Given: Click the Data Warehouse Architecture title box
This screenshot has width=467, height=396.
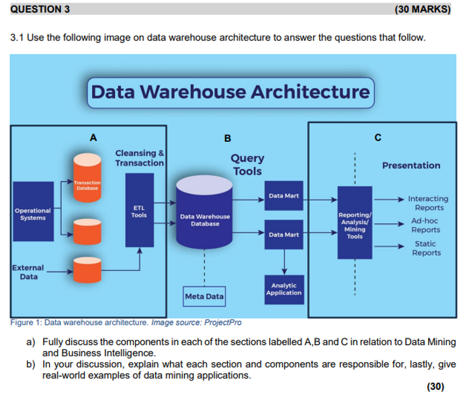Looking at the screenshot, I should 230,91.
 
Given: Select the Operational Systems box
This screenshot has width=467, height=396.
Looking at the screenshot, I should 30,215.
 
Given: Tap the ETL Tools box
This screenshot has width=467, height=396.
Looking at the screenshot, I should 139,211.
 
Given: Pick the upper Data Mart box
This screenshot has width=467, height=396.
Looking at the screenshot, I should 283,196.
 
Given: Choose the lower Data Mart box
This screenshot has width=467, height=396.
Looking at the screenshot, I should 283,235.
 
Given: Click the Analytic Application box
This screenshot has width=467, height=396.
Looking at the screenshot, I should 283,289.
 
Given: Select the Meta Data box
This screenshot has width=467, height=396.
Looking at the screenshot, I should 204,296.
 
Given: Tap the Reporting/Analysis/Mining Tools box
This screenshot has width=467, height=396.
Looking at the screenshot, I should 354,222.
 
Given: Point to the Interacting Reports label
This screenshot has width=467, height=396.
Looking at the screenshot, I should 428,203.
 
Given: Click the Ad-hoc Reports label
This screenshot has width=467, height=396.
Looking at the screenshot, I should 426,225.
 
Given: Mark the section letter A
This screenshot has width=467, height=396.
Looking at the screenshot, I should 93,137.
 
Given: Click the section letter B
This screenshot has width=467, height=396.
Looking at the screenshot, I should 227,138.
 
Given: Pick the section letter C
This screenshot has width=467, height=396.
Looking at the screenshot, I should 378,138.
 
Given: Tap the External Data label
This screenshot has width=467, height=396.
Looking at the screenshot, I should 29,272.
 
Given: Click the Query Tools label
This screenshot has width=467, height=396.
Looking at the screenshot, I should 247,165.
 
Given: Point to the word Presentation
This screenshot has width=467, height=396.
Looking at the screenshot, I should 411,165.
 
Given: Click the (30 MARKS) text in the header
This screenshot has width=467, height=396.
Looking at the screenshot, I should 426,9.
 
